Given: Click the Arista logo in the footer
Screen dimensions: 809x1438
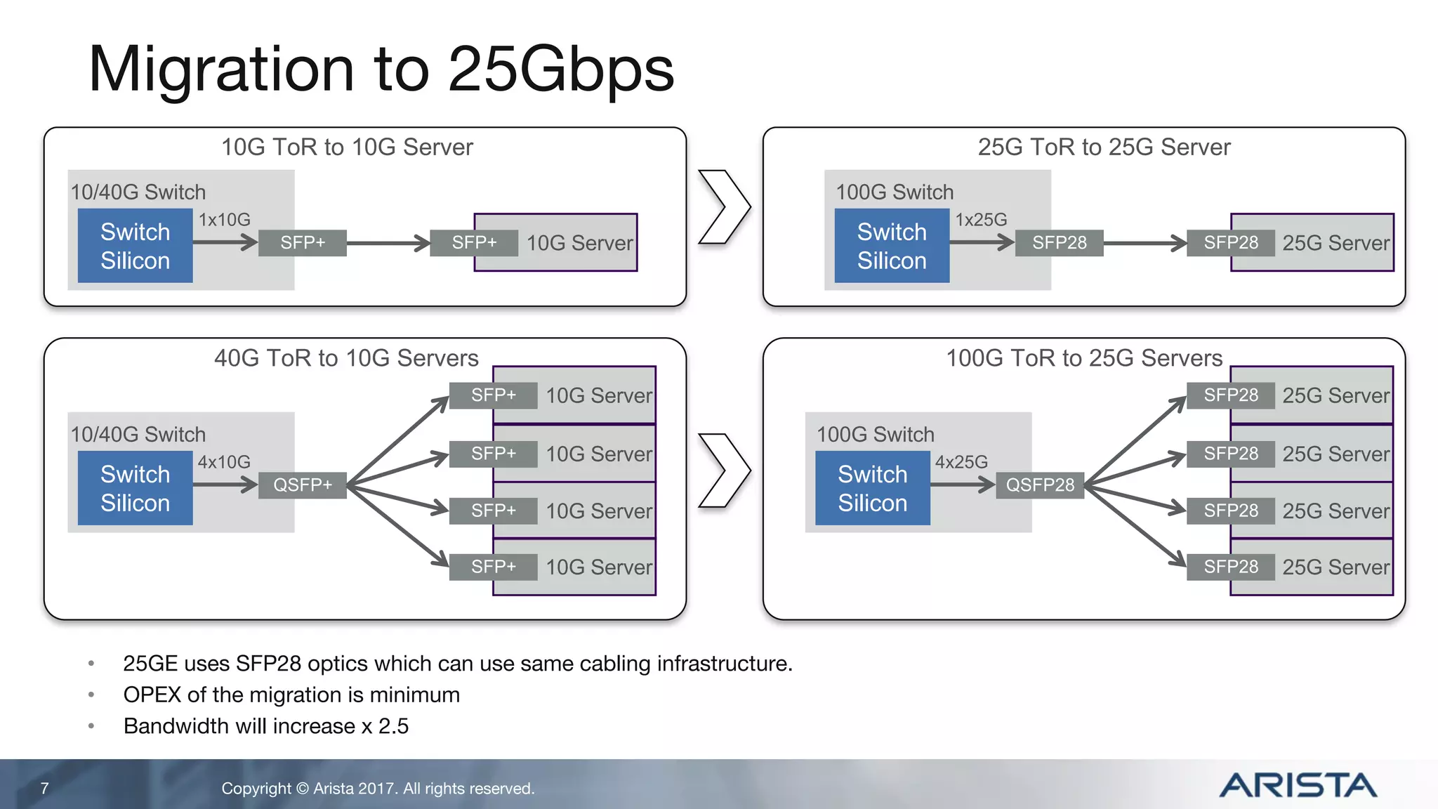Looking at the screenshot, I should (x=1298, y=785).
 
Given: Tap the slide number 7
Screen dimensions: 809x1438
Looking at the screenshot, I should (x=44, y=789).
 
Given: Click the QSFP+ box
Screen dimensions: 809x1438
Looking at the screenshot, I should (x=303, y=485).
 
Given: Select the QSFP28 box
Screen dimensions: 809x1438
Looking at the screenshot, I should (x=1040, y=485).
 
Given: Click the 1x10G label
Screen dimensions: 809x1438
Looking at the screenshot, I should (x=224, y=220).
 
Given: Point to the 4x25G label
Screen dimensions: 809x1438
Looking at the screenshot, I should (x=961, y=462).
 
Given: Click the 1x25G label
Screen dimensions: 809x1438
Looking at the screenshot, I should (x=981, y=220).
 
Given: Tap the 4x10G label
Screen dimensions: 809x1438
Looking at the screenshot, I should (x=224, y=462).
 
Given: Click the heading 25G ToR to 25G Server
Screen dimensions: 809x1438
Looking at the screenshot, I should (x=1104, y=147).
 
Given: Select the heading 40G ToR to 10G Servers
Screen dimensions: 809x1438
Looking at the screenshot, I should (x=346, y=358).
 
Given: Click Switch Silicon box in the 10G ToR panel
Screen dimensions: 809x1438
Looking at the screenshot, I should (x=135, y=246).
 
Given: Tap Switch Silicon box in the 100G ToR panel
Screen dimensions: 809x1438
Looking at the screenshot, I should (x=872, y=489).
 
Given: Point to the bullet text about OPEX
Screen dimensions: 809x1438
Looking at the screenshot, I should (x=291, y=695).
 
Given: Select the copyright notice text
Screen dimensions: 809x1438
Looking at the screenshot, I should (x=378, y=789).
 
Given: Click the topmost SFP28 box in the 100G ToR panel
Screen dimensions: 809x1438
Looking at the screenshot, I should (x=1230, y=395).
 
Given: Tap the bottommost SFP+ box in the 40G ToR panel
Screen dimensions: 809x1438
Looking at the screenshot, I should (x=493, y=567).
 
